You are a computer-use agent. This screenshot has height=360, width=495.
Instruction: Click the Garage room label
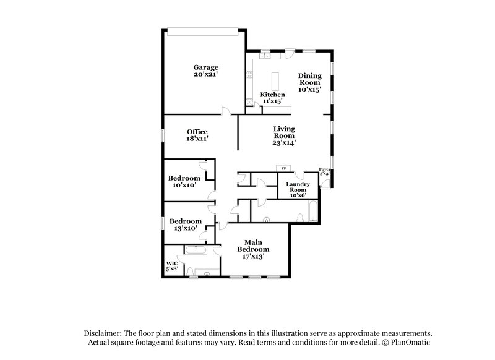pyautogui.click(x=205, y=67)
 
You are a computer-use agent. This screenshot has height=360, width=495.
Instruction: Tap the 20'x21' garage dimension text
pyautogui.click(x=205, y=74)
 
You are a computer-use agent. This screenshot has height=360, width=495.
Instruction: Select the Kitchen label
pyautogui.click(x=272, y=95)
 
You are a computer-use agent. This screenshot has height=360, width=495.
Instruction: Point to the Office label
pyautogui.click(x=197, y=131)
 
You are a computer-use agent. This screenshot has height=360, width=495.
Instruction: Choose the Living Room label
pyautogui.click(x=285, y=132)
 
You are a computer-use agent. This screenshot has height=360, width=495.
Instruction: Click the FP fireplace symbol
pyautogui.click(x=284, y=168)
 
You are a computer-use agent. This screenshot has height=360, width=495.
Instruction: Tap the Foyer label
pyautogui.click(x=324, y=169)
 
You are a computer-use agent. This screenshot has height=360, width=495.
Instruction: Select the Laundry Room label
pyautogui.click(x=294, y=186)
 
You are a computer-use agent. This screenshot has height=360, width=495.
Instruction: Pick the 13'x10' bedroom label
pyautogui.click(x=186, y=225)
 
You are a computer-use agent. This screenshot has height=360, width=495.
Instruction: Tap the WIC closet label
pyautogui.click(x=171, y=265)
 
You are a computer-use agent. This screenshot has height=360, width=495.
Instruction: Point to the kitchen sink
pyautogui.click(x=267, y=55)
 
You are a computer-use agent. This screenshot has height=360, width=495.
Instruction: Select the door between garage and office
pyautogui.click(x=226, y=112)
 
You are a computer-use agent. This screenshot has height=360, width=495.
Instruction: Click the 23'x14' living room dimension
pyautogui.click(x=285, y=143)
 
